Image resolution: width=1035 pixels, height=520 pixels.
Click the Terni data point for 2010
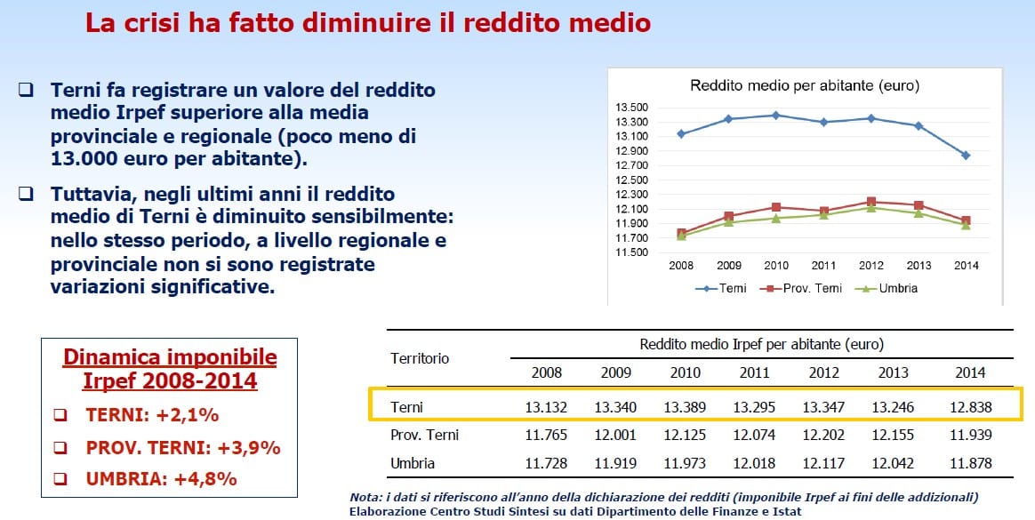(x=776, y=115)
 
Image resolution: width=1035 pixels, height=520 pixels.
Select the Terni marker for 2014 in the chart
(x=966, y=156)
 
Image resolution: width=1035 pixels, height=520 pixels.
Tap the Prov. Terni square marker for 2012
(x=871, y=202)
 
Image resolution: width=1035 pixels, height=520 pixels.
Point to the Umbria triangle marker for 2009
(x=729, y=221)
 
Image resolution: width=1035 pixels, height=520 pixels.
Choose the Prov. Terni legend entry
(x=800, y=288)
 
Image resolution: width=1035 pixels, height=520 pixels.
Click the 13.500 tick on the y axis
(x=631, y=108)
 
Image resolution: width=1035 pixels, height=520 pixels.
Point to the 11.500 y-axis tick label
(x=631, y=252)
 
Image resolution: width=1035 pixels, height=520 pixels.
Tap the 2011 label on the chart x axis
(x=823, y=266)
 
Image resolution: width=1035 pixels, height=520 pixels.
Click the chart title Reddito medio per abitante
(x=805, y=86)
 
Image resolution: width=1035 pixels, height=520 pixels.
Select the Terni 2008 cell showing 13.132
(x=546, y=407)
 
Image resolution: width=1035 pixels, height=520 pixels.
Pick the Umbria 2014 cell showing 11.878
(x=970, y=463)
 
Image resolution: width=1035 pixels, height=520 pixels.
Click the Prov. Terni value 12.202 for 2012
(x=823, y=436)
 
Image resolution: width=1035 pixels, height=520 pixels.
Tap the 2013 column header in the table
(x=893, y=372)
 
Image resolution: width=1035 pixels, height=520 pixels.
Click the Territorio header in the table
(x=420, y=358)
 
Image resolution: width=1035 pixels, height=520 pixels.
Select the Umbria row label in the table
(x=413, y=463)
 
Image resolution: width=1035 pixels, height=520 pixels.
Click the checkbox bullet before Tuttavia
(x=26, y=194)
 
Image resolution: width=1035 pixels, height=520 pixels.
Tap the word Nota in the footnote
(x=363, y=497)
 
